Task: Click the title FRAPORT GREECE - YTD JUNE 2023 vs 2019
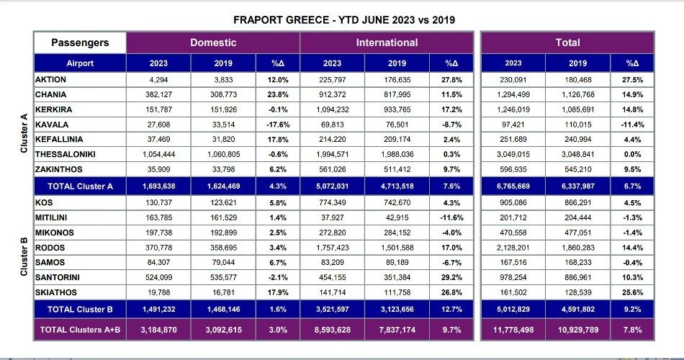coord(344,19)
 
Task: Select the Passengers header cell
coord(79,42)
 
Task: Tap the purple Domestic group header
coord(212,42)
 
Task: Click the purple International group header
coord(387,42)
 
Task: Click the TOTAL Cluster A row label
coord(81,186)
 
